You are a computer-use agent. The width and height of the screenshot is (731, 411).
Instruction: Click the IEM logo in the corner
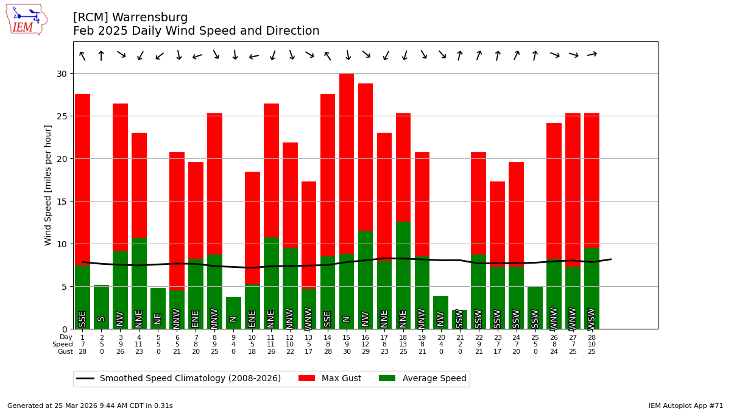click(26, 19)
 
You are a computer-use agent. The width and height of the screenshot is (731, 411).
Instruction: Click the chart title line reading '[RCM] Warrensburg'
click(130, 18)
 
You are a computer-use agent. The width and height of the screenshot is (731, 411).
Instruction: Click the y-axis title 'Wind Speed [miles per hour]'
click(48, 184)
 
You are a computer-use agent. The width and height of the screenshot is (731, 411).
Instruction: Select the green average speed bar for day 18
click(403, 275)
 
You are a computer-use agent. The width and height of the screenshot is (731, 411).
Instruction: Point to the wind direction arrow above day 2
click(101, 56)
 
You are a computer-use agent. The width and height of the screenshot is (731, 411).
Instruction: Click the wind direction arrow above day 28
click(592, 55)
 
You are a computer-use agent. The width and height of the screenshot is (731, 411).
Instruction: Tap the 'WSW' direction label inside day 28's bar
click(592, 318)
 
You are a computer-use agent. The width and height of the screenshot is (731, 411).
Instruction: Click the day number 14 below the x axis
click(328, 337)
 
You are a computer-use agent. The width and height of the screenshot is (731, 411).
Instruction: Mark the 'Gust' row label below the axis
click(65, 352)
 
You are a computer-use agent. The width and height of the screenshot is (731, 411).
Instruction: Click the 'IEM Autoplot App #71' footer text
click(686, 406)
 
